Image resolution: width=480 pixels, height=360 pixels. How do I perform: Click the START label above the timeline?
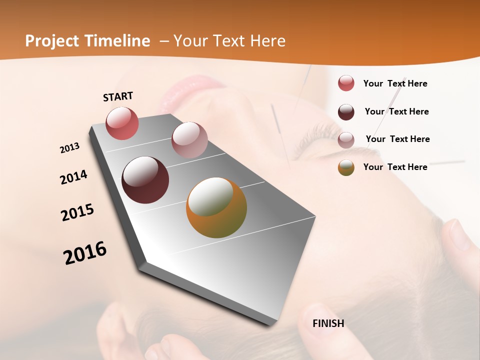point(118,96)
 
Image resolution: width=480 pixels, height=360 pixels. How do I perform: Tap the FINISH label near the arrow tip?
point(328,323)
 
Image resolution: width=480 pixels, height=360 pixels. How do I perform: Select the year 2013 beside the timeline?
point(69,147)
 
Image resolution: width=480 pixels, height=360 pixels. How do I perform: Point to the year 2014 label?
point(73,177)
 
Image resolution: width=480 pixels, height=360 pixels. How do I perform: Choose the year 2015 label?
point(77,212)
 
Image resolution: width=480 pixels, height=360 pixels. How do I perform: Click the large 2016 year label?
point(85,252)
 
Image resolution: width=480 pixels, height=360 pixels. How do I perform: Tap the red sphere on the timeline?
point(122,123)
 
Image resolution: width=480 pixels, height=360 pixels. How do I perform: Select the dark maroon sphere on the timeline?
point(145,180)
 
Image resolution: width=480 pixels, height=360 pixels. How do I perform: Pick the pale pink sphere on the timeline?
point(189,140)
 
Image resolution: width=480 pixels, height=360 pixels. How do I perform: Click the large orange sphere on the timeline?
point(216,207)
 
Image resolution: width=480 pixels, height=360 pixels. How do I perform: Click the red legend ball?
point(346,83)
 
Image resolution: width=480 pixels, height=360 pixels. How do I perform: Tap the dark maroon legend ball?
point(346,112)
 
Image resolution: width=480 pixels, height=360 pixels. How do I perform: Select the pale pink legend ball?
point(346,140)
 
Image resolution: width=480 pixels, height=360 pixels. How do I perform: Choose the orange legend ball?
point(346,167)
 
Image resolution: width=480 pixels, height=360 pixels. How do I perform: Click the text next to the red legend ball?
point(395,83)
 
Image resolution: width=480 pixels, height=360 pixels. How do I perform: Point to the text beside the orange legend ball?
point(395,167)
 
